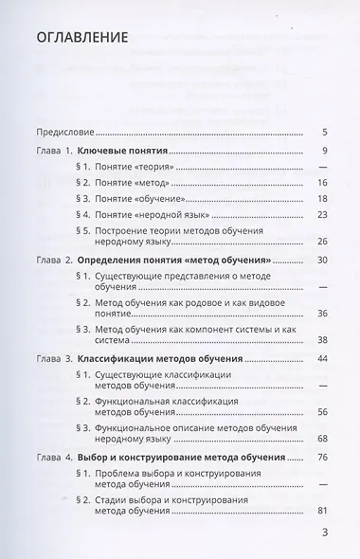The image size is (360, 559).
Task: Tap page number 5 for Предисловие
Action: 324,132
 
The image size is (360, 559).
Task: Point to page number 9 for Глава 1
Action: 324,153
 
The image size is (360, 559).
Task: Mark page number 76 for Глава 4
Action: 322,457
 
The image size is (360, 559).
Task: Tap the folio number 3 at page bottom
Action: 323,533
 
